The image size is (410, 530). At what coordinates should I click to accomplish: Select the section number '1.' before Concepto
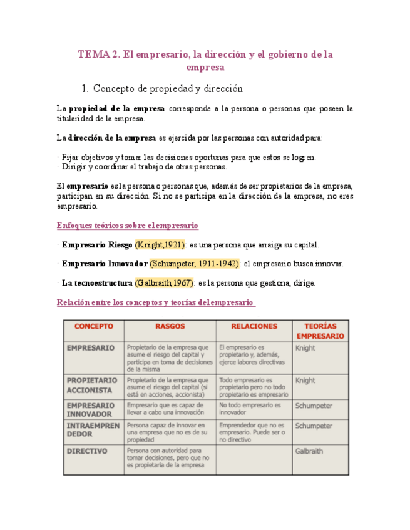coord(86,89)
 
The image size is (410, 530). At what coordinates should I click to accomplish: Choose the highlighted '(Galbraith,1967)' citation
coord(164,283)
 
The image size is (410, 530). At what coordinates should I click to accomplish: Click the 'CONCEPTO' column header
coord(94,326)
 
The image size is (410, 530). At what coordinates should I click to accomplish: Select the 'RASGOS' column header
coord(170,326)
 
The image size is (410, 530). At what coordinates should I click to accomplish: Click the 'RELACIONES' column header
coord(254,326)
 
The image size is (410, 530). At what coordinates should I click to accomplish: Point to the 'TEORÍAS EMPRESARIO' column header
coord(320,331)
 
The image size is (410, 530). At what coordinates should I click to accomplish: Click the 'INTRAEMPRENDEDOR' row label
coord(91,430)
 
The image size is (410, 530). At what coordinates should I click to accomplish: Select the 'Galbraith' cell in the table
coord(309,451)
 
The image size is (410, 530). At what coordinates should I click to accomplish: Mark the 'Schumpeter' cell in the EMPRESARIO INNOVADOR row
coord(313,406)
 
